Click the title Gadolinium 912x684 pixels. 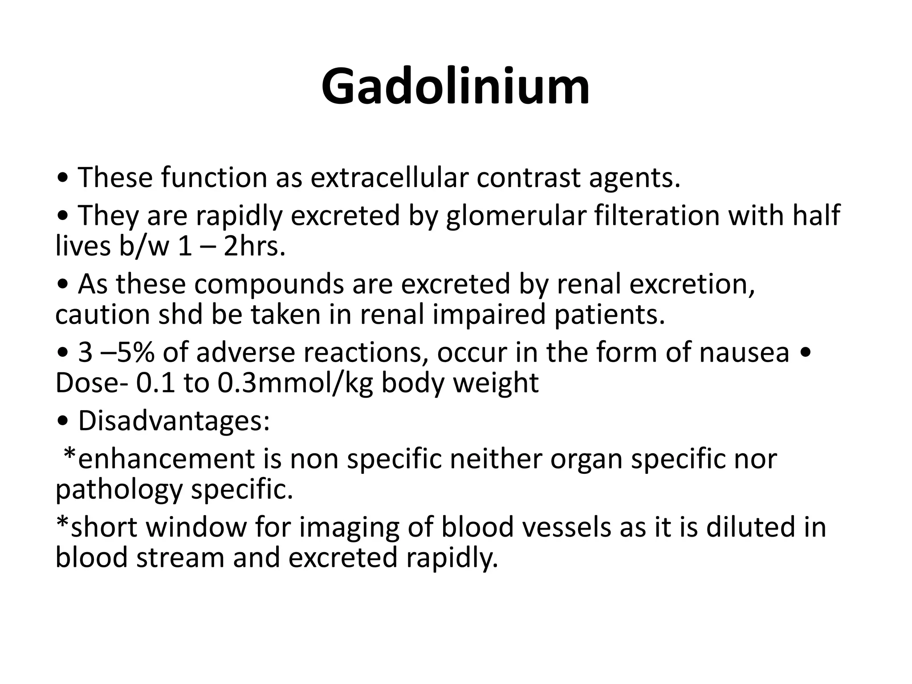click(x=456, y=86)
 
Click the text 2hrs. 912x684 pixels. click(x=254, y=246)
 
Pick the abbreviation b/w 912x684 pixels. click(x=144, y=246)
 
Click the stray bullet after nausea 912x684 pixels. click(x=805, y=354)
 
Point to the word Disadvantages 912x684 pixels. click(x=174, y=421)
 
